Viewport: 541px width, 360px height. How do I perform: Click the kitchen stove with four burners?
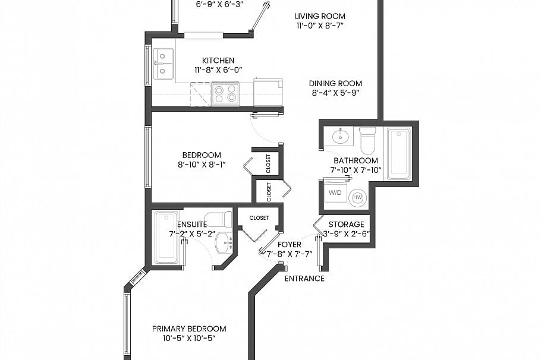(225, 94)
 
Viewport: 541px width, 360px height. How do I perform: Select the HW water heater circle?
(357, 198)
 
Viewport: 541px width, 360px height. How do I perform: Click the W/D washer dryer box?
(335, 192)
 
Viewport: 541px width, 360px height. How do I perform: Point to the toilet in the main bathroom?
(367, 141)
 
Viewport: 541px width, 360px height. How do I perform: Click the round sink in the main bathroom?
(341, 137)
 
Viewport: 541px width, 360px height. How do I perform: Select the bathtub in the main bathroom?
(399, 154)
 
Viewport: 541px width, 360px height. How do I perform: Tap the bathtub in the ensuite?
(166, 238)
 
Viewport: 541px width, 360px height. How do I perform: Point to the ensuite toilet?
(218, 219)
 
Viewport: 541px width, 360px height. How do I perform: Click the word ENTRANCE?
(304, 279)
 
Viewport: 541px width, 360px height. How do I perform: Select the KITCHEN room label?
(218, 61)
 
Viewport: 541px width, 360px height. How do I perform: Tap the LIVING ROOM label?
(320, 16)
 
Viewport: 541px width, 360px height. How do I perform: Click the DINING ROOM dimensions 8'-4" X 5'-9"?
(336, 93)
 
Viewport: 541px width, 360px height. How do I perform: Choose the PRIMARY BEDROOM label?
(189, 329)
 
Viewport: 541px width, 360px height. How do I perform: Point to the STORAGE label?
(346, 225)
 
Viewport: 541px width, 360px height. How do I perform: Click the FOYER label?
(289, 245)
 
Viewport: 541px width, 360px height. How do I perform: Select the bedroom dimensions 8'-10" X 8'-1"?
(202, 165)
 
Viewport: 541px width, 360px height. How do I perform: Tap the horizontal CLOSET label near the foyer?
(259, 218)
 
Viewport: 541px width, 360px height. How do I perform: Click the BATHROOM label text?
(356, 160)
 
